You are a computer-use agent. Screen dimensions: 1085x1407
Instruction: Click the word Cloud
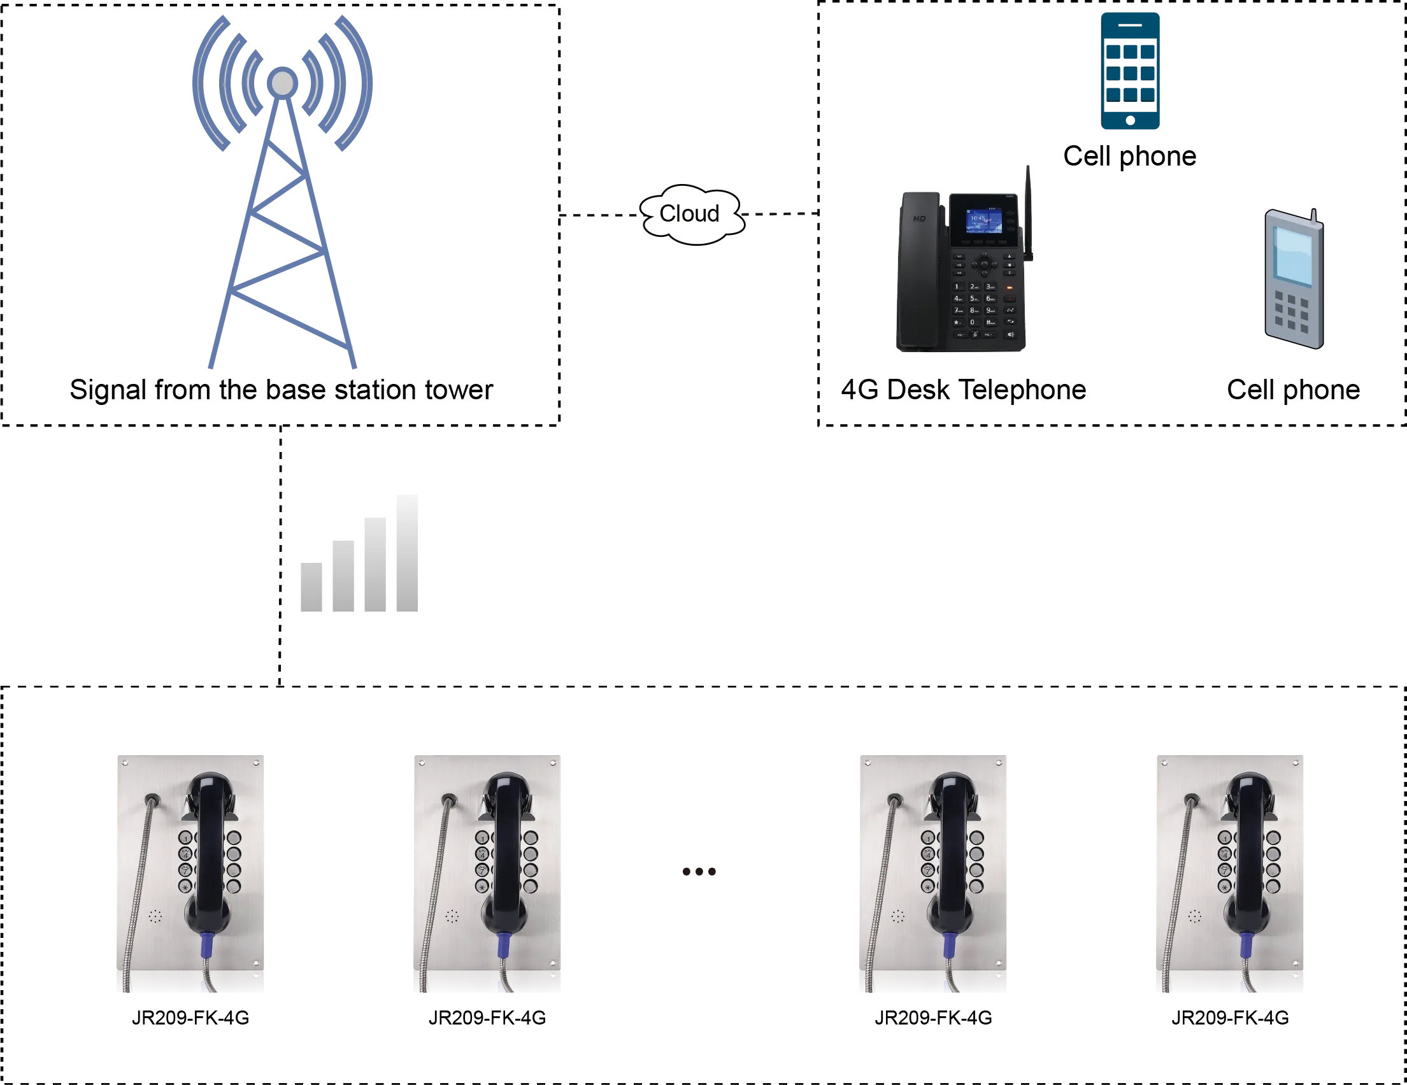(x=689, y=213)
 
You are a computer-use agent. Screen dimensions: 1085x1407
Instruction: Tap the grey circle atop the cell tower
(x=282, y=83)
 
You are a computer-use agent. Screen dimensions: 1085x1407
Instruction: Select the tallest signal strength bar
(x=404, y=555)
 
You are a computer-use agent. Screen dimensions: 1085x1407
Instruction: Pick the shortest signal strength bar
(x=313, y=588)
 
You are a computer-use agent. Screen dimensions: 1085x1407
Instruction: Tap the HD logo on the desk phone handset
(x=919, y=219)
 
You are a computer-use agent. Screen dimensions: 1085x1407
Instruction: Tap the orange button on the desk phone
(x=1010, y=288)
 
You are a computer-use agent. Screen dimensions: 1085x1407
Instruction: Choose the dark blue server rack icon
(x=1131, y=71)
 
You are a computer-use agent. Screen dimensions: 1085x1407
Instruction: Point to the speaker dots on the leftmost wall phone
(x=155, y=916)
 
